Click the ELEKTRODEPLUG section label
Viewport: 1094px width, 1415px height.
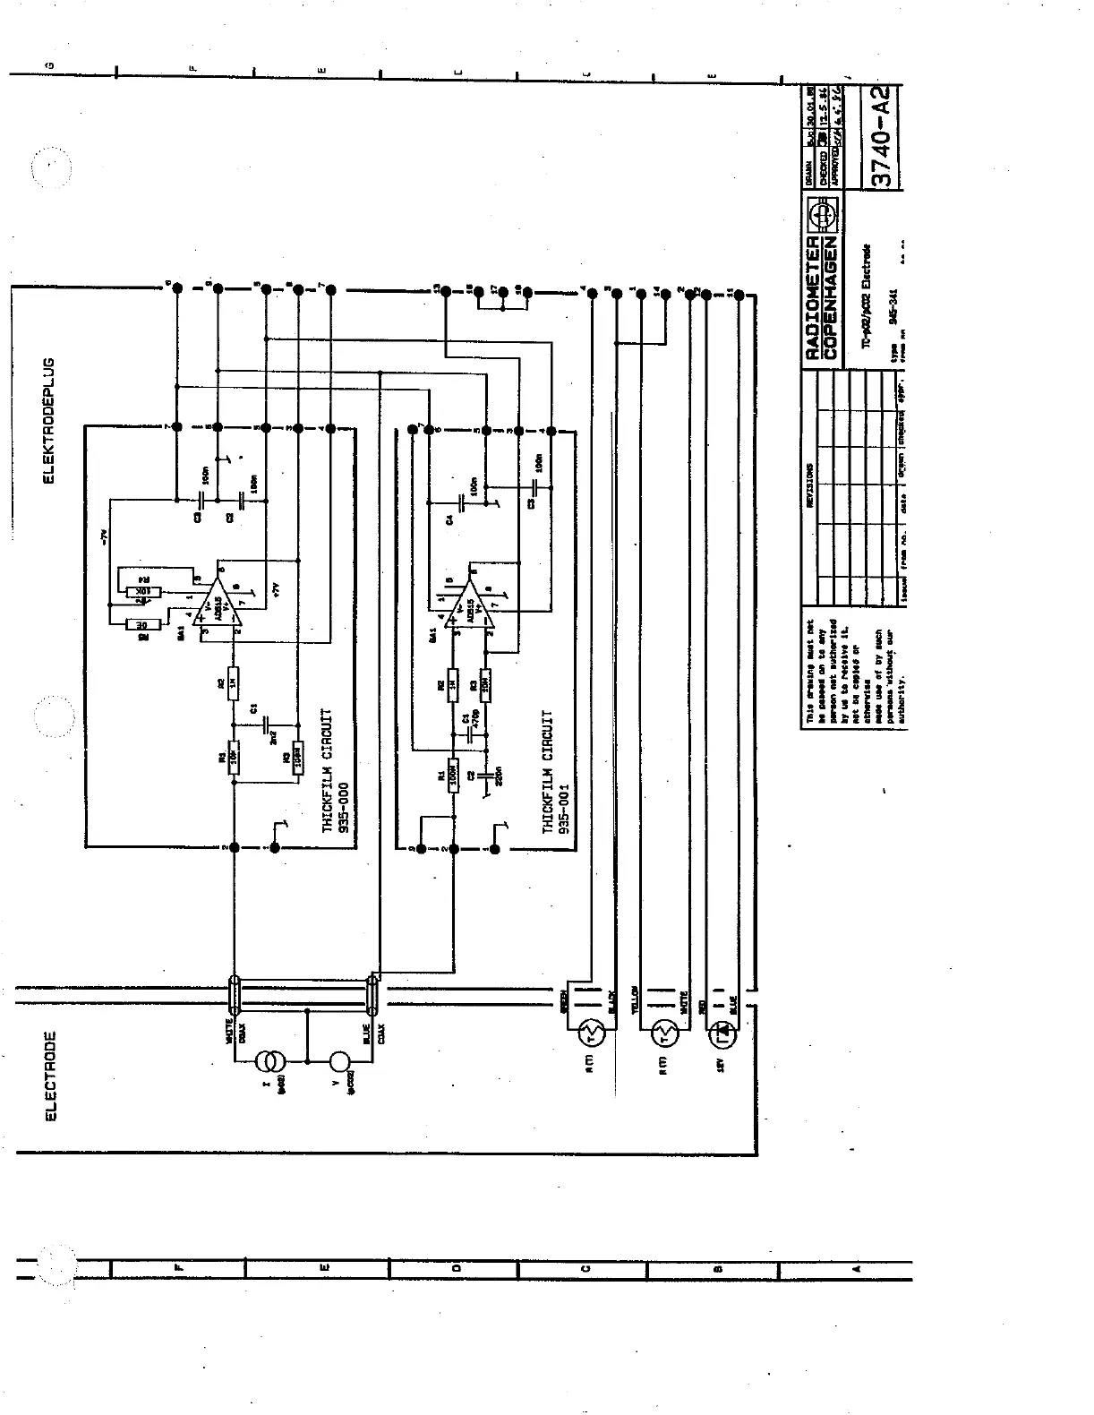click(x=50, y=420)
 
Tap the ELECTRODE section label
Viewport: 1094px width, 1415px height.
click(x=50, y=1075)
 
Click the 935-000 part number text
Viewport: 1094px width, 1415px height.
click(x=343, y=808)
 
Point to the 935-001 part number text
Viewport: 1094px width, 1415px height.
click(x=563, y=810)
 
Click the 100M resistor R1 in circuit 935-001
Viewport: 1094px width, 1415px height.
click(x=453, y=771)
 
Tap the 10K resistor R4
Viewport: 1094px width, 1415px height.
click(x=141, y=592)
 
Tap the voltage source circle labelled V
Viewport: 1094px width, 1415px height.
click(x=338, y=1063)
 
